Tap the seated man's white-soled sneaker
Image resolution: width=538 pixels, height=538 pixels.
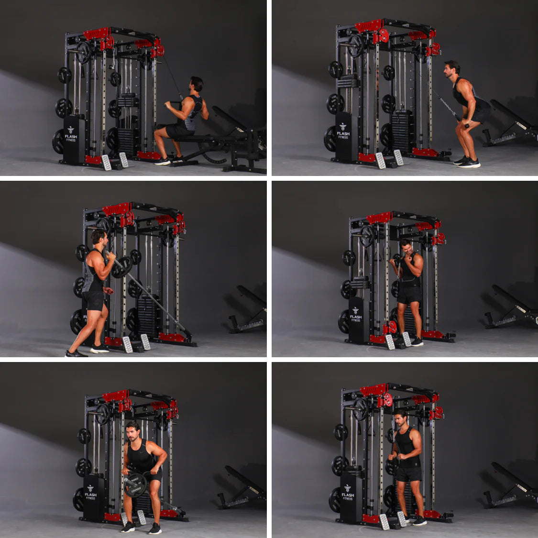pos(163,162)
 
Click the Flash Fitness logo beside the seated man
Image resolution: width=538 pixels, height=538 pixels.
pos(71,133)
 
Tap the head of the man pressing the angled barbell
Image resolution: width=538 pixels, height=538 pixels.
pos(99,237)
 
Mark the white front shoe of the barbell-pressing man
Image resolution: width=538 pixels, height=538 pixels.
pos(99,350)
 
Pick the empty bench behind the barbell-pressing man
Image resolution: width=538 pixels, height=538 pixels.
pos(249,311)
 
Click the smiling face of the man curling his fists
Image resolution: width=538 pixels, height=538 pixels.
pos(407,249)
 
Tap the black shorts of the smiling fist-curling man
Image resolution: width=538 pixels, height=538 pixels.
pos(409,295)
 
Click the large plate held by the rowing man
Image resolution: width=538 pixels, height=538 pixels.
pos(135,484)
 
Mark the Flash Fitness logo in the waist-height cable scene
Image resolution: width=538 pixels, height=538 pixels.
pos(348,492)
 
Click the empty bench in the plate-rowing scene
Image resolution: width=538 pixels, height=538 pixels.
pos(242,488)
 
